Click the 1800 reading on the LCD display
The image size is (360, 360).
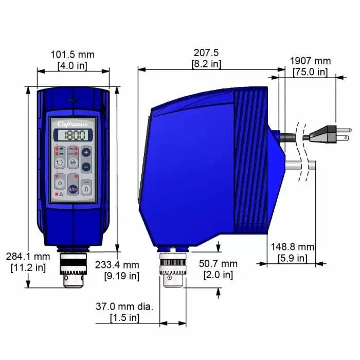(73, 136)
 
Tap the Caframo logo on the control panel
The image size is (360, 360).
(73, 123)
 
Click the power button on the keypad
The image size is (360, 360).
(60, 183)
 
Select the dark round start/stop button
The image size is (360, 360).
(73, 189)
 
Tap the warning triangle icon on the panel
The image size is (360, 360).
(61, 194)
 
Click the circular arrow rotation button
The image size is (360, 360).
(60, 163)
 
